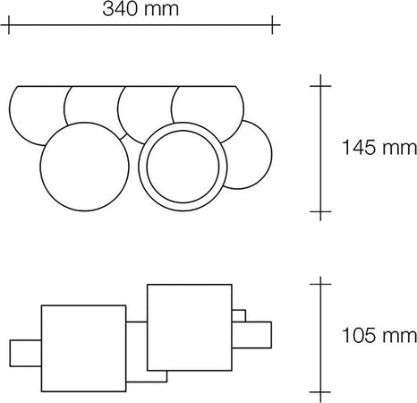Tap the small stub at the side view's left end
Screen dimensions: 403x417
click(24, 354)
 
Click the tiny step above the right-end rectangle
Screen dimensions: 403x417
click(239, 315)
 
